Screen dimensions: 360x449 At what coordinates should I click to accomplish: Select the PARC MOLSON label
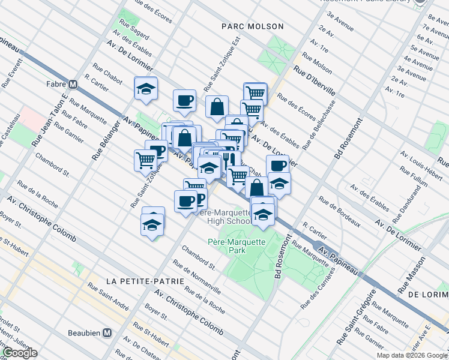tap(243, 26)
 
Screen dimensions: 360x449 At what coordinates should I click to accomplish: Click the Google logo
tap(20, 353)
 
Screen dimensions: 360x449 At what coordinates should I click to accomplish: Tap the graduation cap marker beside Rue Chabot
tap(145, 89)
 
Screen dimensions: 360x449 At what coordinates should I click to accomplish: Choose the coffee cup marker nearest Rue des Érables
tap(185, 100)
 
